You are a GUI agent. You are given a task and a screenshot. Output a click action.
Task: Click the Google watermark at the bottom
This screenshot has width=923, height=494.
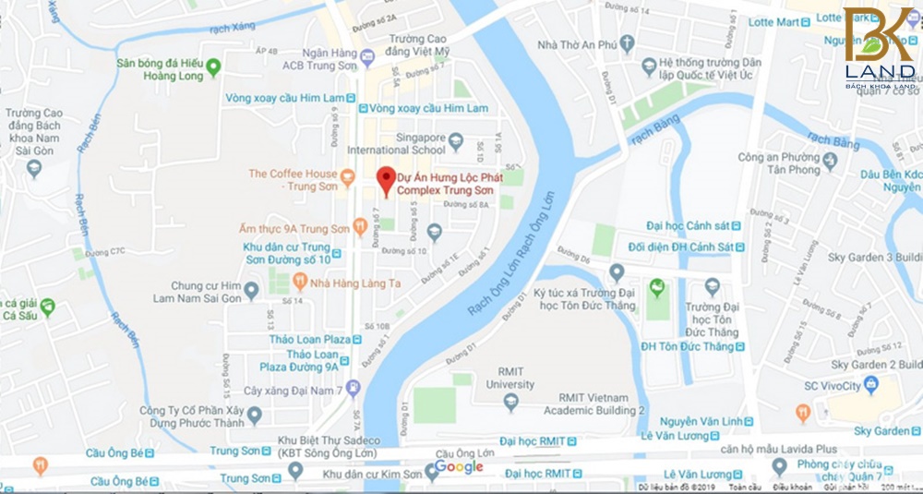coord(459,467)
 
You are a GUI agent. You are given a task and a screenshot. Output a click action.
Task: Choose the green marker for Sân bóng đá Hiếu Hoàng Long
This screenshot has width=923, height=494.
coord(214,66)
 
